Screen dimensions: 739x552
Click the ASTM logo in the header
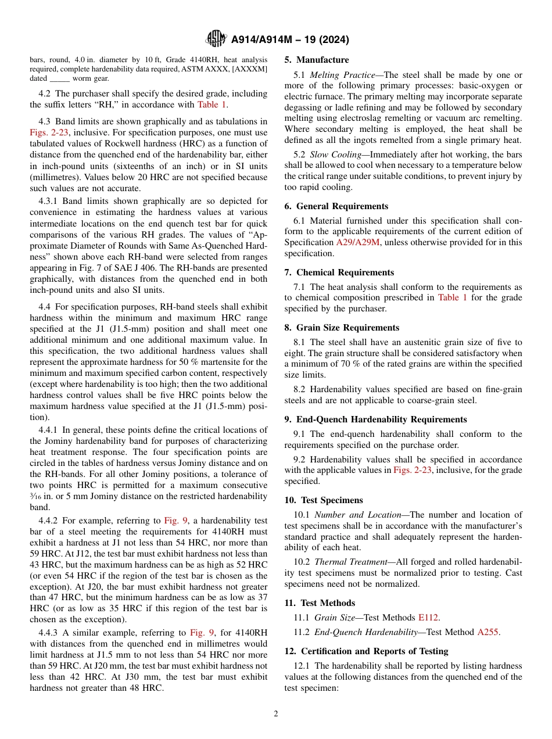pyautogui.click(x=216, y=40)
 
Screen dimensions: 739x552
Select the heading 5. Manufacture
pyautogui.click(x=317, y=60)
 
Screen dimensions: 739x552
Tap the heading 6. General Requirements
pyautogui.click(x=336, y=206)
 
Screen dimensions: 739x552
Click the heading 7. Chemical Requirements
pyautogui.click(x=339, y=272)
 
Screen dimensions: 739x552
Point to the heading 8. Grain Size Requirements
pyautogui.click(x=342, y=328)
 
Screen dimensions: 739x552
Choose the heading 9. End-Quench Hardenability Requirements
pyautogui.click(x=375, y=419)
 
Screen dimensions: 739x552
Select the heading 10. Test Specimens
pyautogui.click(x=324, y=500)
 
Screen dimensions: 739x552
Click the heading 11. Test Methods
pyautogui.click(x=320, y=603)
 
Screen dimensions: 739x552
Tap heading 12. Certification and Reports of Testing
pyautogui.click(x=366, y=651)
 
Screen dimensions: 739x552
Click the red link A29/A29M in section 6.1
pyautogui.click(x=358, y=243)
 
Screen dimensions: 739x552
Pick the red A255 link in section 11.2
pyautogui.click(x=488, y=632)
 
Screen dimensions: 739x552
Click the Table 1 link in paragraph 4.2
pyautogui.click(x=212, y=105)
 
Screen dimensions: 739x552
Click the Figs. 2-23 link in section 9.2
pyautogui.click(x=411, y=470)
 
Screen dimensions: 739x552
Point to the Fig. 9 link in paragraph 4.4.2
pyautogui.click(x=176, y=521)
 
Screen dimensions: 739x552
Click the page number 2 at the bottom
pyautogui.click(x=276, y=714)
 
